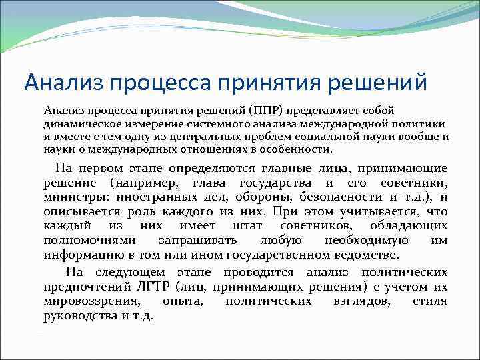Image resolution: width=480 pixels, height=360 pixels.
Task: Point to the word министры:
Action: [75, 197]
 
